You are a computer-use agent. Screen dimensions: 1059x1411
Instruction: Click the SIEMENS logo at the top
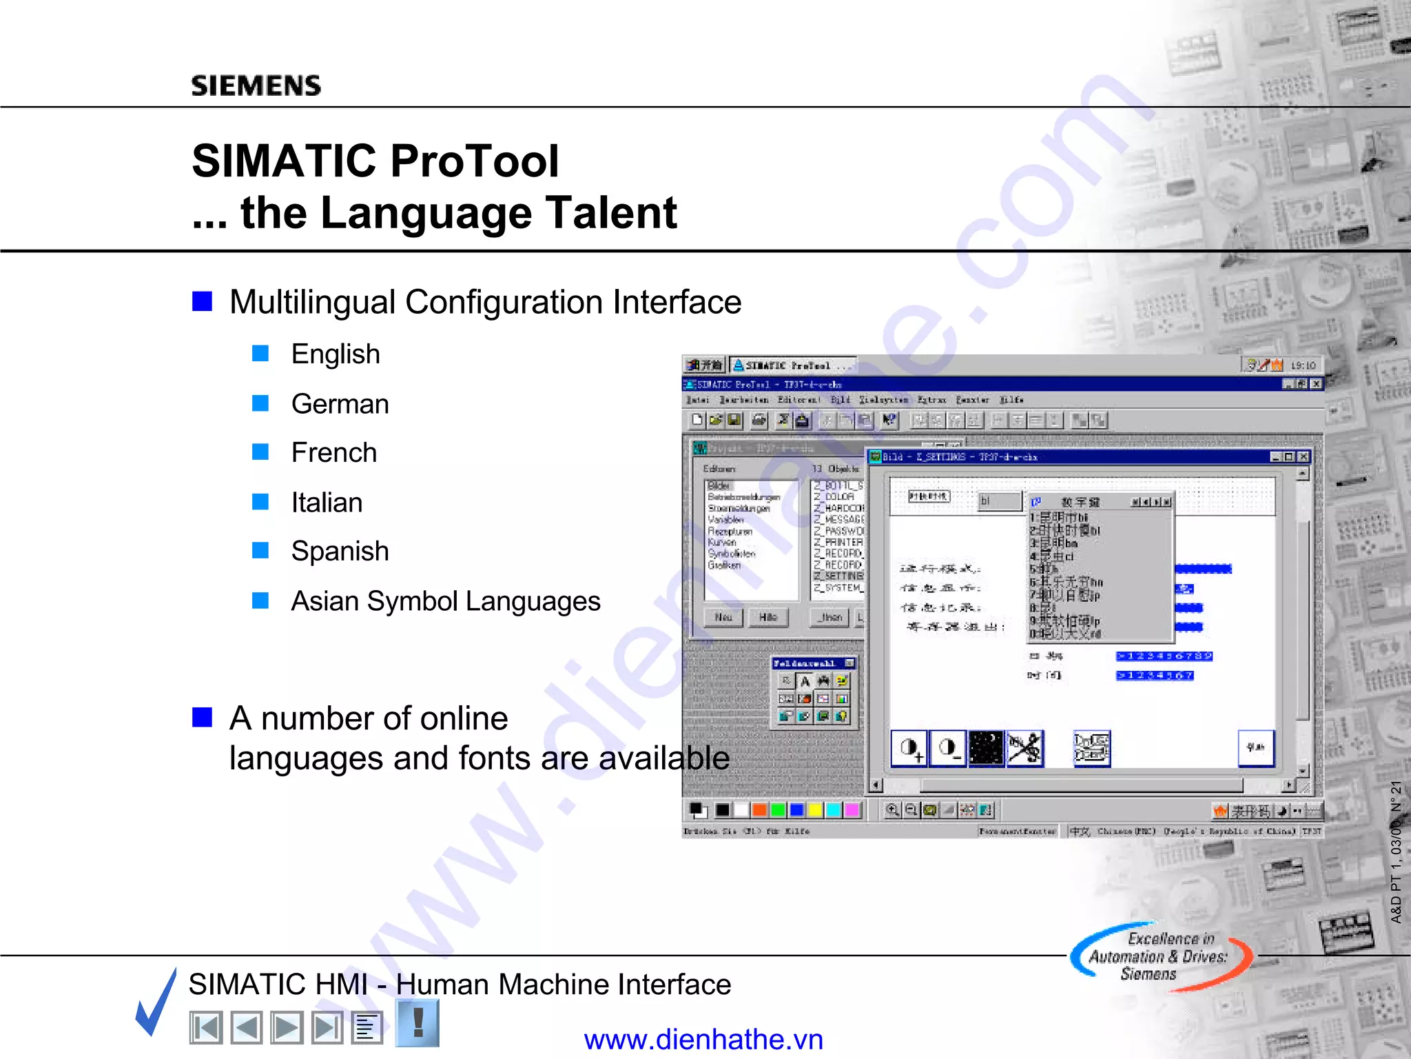click(x=256, y=85)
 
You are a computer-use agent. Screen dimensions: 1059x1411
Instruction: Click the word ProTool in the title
click(x=475, y=161)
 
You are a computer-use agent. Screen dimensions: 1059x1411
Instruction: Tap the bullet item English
click(x=336, y=354)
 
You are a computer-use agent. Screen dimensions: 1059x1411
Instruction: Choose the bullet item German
click(x=340, y=404)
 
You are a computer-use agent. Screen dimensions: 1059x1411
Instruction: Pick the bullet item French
click(x=334, y=453)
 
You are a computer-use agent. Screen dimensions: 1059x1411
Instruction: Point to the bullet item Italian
click(x=327, y=503)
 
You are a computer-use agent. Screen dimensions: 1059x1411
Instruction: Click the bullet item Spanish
click(x=340, y=552)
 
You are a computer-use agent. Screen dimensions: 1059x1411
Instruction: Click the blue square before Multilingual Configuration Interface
click(x=202, y=301)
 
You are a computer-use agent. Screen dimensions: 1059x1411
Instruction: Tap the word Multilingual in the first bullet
click(x=312, y=303)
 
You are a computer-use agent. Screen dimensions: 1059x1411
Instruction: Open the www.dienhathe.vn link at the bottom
click(x=703, y=1039)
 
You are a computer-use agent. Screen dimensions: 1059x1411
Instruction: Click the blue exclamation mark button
click(x=418, y=1023)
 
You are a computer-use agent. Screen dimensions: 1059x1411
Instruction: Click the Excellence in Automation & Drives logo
click(x=1160, y=956)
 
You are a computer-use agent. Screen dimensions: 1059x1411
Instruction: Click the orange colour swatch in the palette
click(x=759, y=809)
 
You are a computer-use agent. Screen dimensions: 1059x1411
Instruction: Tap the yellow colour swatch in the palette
click(x=815, y=809)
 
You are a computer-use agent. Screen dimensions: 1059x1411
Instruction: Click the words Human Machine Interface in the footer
click(x=564, y=985)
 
